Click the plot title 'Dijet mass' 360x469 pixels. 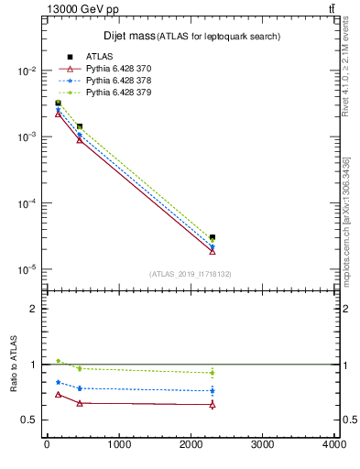point(127,36)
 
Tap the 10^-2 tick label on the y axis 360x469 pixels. point(26,71)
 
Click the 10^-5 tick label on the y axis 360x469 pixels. point(26,269)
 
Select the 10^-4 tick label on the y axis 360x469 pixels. point(26,203)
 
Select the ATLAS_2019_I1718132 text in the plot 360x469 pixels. point(190,274)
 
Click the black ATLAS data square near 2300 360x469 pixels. point(213,237)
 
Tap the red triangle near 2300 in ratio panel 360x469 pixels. point(213,404)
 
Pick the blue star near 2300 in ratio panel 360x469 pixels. point(213,390)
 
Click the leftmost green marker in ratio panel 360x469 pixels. point(58,361)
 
